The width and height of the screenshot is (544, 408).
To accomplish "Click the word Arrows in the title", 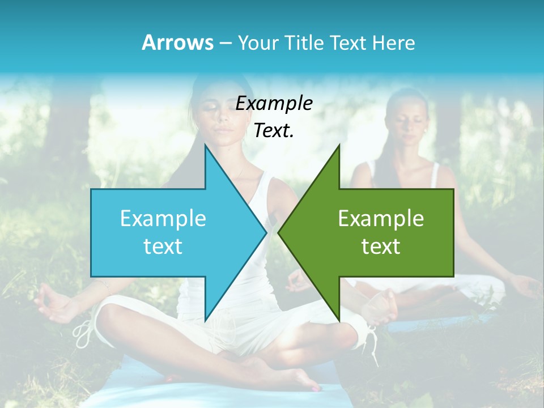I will (177, 42).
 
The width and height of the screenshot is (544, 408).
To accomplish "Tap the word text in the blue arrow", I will (163, 246).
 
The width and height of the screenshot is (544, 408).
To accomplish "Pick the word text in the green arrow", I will (381, 246).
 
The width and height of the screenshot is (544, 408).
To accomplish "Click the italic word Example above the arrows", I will (274, 104).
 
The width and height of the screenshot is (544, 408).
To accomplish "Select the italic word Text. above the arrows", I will (274, 131).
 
